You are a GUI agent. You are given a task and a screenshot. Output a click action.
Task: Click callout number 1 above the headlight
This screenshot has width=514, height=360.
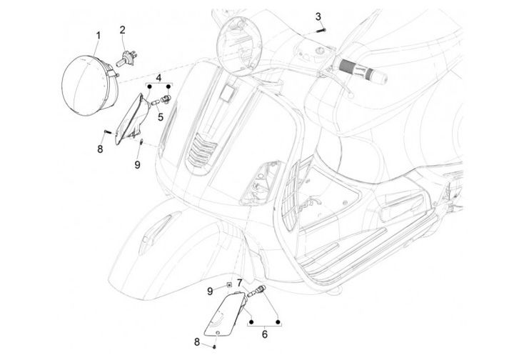coord(98,35)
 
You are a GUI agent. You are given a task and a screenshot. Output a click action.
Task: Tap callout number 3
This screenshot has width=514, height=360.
coord(318,16)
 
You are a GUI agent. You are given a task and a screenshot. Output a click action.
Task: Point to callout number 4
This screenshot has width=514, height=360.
coord(159,76)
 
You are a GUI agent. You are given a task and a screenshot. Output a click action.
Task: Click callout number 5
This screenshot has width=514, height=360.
coord(161,117)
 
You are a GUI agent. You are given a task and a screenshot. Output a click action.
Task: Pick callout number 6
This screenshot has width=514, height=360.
coord(263,334)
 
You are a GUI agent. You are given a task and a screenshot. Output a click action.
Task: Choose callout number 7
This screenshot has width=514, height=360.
coord(240,283)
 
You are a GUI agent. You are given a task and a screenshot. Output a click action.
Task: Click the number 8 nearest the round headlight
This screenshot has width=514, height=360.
coord(101,149)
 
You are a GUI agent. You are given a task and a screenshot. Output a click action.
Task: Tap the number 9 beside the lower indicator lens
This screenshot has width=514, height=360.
coord(210,290)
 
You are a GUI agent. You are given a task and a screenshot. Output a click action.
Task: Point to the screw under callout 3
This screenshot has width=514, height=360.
coord(318,31)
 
